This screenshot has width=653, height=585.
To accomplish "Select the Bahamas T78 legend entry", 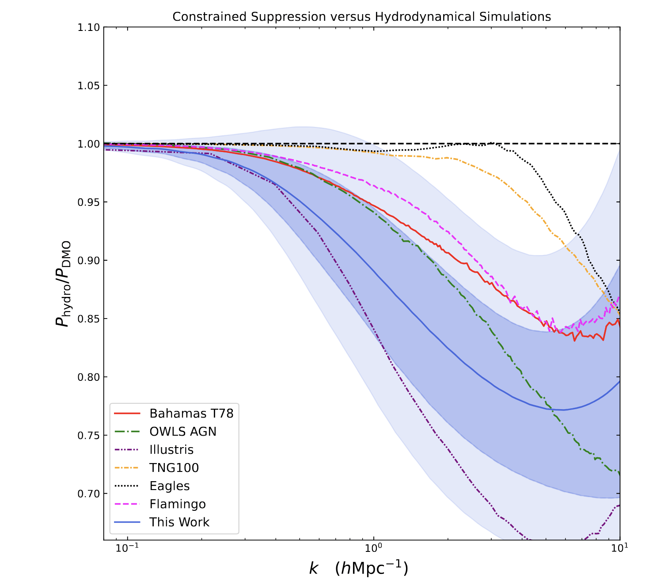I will [191, 413].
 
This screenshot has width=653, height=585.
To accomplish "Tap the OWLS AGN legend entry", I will [183, 431].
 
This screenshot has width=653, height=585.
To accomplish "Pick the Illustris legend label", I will [171, 450].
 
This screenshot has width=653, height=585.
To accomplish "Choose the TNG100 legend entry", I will [174, 468].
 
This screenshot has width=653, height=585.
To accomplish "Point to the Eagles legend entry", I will [170, 486].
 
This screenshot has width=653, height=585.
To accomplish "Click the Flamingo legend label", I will [177, 504].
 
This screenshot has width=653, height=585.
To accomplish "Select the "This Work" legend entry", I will [179, 522].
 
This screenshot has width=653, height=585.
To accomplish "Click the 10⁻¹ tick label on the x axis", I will [128, 549].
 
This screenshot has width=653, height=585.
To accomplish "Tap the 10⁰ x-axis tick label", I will [374, 549].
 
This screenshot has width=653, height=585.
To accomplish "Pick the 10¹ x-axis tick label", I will [620, 549].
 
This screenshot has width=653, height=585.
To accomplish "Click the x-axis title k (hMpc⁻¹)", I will [358, 568].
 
